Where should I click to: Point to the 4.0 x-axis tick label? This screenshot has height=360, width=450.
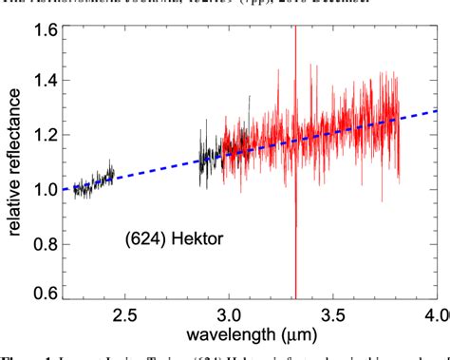tap(435, 313)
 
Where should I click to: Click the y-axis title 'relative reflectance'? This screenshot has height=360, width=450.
tap(12, 165)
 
